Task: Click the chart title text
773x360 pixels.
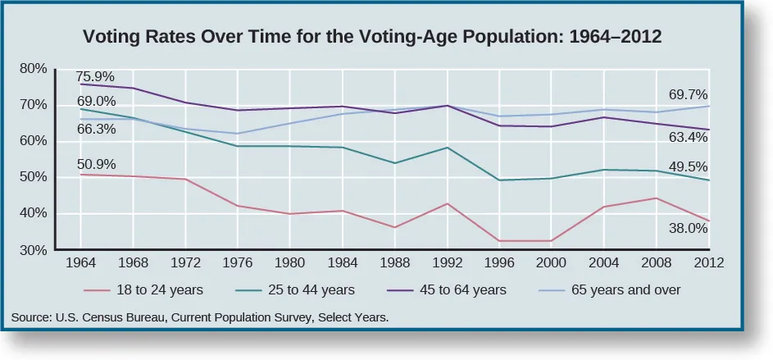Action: click(371, 38)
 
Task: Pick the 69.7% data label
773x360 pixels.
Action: click(687, 94)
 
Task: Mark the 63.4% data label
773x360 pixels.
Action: click(687, 137)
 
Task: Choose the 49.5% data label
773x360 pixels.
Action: click(687, 166)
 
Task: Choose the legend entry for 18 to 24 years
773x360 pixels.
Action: click(143, 289)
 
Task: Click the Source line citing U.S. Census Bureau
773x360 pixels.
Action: click(200, 316)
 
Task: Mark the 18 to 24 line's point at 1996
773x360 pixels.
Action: click(499, 241)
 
